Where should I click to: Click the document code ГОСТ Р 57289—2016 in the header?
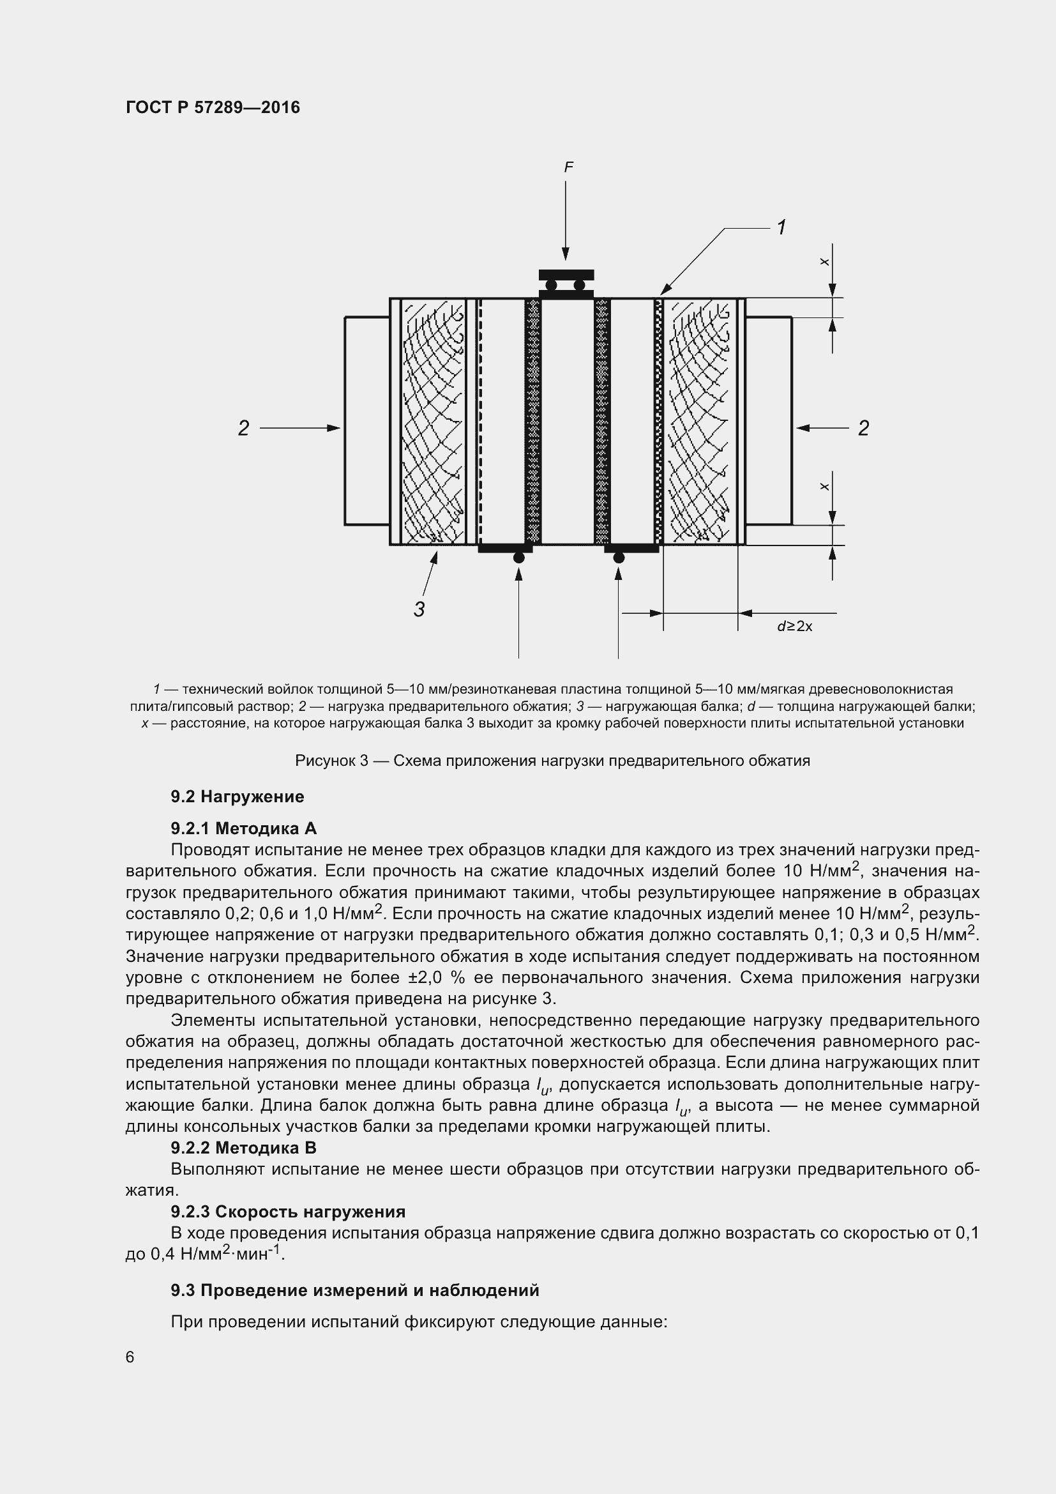(x=213, y=107)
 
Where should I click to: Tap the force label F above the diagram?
(x=568, y=167)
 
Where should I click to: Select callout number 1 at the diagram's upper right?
(x=781, y=227)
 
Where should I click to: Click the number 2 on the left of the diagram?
(x=243, y=428)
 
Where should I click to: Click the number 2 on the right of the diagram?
(x=863, y=428)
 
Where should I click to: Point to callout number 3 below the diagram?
(x=419, y=609)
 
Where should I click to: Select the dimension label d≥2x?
(x=795, y=627)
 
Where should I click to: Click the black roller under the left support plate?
(x=519, y=558)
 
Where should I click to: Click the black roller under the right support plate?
(x=619, y=558)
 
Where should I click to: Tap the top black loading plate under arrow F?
(x=566, y=275)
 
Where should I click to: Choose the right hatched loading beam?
(x=700, y=421)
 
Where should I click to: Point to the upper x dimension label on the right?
(x=824, y=262)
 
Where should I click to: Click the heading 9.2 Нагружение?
(x=238, y=797)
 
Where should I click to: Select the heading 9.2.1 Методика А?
(x=243, y=828)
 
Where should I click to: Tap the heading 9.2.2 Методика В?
(x=243, y=1148)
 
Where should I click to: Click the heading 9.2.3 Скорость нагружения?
(x=287, y=1212)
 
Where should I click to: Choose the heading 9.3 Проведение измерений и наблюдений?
(x=354, y=1290)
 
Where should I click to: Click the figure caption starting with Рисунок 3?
(x=552, y=760)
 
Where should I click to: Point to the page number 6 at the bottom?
(x=130, y=1357)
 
